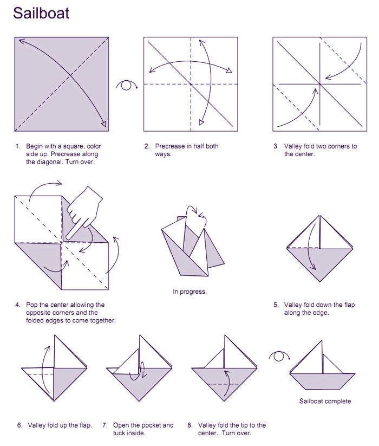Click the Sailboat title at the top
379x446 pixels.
coord(41,13)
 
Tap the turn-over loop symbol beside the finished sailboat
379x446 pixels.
coord(279,356)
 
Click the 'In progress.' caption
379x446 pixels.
coord(190,292)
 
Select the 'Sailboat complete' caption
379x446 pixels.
coord(325,401)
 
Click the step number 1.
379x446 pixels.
coord(18,146)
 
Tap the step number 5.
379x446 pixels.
coord(276,305)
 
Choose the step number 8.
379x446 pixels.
coord(190,425)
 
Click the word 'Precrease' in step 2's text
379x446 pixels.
coord(169,146)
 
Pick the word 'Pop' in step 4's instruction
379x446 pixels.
coord(32,305)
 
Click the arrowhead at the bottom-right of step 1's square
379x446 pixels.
coord(104,124)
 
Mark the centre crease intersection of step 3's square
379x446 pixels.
coord(320,84)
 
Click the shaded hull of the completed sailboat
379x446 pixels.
coord(323,381)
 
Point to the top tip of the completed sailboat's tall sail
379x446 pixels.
coord(322,341)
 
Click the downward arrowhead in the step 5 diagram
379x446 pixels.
coord(313,267)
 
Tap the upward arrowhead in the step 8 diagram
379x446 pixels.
coord(226,372)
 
